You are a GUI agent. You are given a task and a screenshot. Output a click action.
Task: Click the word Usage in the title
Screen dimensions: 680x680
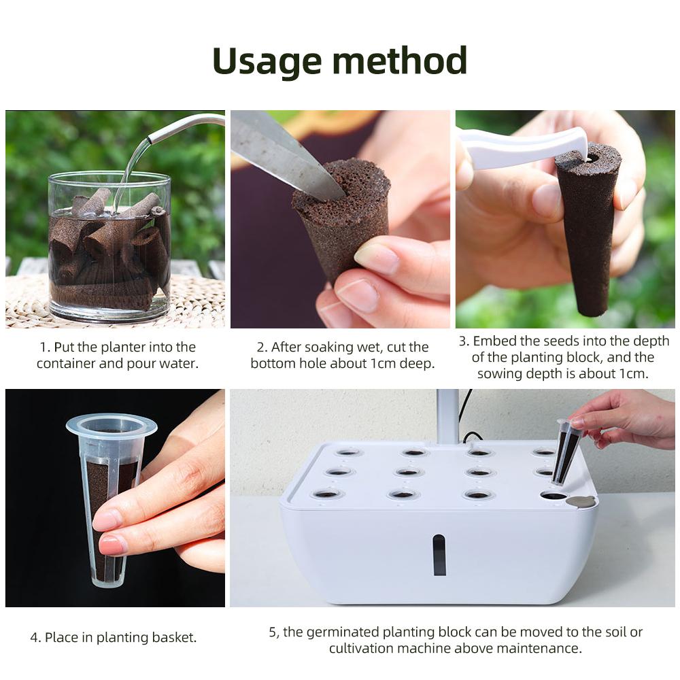tap(267, 63)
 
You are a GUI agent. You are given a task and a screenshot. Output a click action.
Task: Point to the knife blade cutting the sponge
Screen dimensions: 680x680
tap(286, 156)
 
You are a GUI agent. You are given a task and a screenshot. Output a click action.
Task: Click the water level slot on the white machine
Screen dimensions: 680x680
tap(439, 554)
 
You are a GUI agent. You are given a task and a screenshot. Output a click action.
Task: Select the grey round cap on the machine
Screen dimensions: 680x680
tap(579, 502)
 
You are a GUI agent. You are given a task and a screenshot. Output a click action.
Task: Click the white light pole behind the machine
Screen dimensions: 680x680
tap(447, 415)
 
